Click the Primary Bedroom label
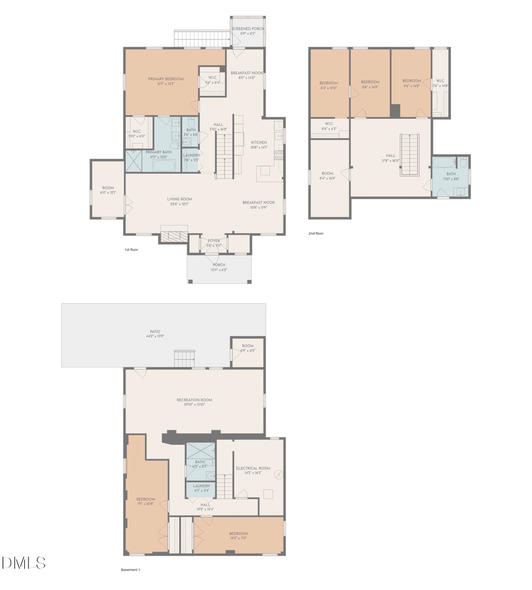166,79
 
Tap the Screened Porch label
248,28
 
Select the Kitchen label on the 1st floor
259,142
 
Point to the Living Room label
179,199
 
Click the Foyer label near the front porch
213,241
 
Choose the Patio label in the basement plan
155,332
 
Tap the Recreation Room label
194,400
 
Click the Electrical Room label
253,468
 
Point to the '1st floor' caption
131,250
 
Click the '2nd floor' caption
316,233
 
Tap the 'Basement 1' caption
130,570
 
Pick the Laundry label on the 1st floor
191,155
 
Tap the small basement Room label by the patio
247,346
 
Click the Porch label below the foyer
219,265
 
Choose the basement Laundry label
202,486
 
